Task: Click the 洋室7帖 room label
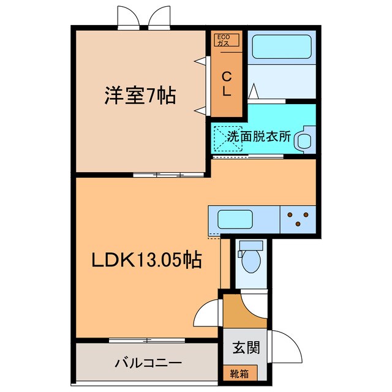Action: (140, 96)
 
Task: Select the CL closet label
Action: (226, 84)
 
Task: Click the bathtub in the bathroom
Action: (281, 47)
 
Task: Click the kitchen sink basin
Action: (235, 218)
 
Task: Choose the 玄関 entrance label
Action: (246, 347)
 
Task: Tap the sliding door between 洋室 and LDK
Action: (168, 175)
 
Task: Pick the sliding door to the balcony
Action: (147, 339)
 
